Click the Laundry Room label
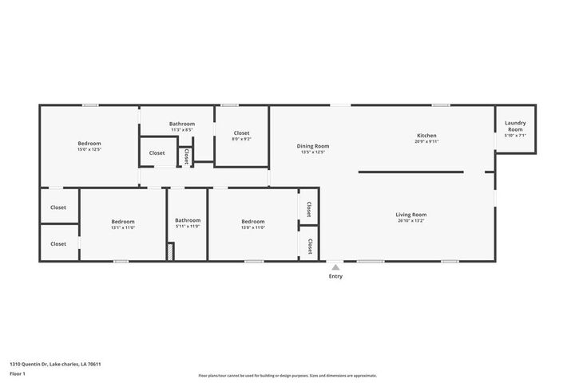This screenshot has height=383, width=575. click(x=515, y=126)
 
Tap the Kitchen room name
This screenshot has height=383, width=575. click(x=426, y=136)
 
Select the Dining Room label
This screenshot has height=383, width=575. click(x=313, y=146)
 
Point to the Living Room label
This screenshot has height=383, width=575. click(x=411, y=215)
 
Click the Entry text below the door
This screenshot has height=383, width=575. click(x=335, y=276)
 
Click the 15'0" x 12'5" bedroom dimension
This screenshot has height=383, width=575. click(x=89, y=149)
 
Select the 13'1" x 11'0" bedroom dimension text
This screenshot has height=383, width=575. click(x=122, y=227)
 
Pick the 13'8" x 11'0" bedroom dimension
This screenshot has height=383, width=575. click(x=252, y=227)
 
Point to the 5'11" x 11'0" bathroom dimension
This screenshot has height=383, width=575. click(x=188, y=227)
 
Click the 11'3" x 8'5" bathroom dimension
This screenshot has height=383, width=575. click(x=181, y=130)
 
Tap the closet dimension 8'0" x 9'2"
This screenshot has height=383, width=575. click(x=241, y=140)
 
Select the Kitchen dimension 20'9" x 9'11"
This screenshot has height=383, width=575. click(x=426, y=142)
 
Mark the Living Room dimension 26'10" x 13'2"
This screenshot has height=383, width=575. click(x=411, y=221)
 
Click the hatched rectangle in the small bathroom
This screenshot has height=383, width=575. click(x=170, y=251)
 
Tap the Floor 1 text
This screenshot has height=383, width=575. click(x=18, y=373)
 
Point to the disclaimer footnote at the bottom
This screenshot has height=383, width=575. click(x=287, y=375)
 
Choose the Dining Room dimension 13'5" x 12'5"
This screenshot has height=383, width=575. click(x=313, y=152)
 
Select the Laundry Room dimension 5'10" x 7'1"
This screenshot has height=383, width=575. click(x=515, y=136)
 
